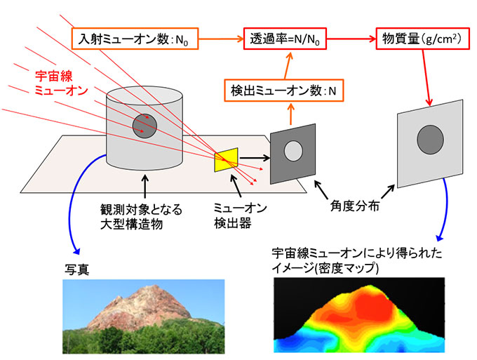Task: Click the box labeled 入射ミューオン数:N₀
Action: [135, 39]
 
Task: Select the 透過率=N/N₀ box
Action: [285, 39]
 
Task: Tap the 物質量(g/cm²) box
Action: [423, 39]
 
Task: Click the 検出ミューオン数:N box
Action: [283, 91]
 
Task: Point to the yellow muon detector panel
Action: [226, 160]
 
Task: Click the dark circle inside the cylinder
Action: [145, 126]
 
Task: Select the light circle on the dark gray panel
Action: [293, 151]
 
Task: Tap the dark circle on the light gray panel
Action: [430, 140]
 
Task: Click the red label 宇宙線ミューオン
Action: [61, 83]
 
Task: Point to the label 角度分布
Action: [355, 206]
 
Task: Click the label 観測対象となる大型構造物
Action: [141, 217]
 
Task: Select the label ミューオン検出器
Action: [240, 216]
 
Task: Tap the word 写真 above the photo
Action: [76, 269]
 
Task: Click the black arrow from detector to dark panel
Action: [255, 158]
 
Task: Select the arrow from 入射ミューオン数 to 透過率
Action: [222, 39]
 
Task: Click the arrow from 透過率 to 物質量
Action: [351, 39]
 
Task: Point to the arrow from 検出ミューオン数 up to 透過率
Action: [287, 65]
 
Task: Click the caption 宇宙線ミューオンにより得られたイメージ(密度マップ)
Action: [356, 260]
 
